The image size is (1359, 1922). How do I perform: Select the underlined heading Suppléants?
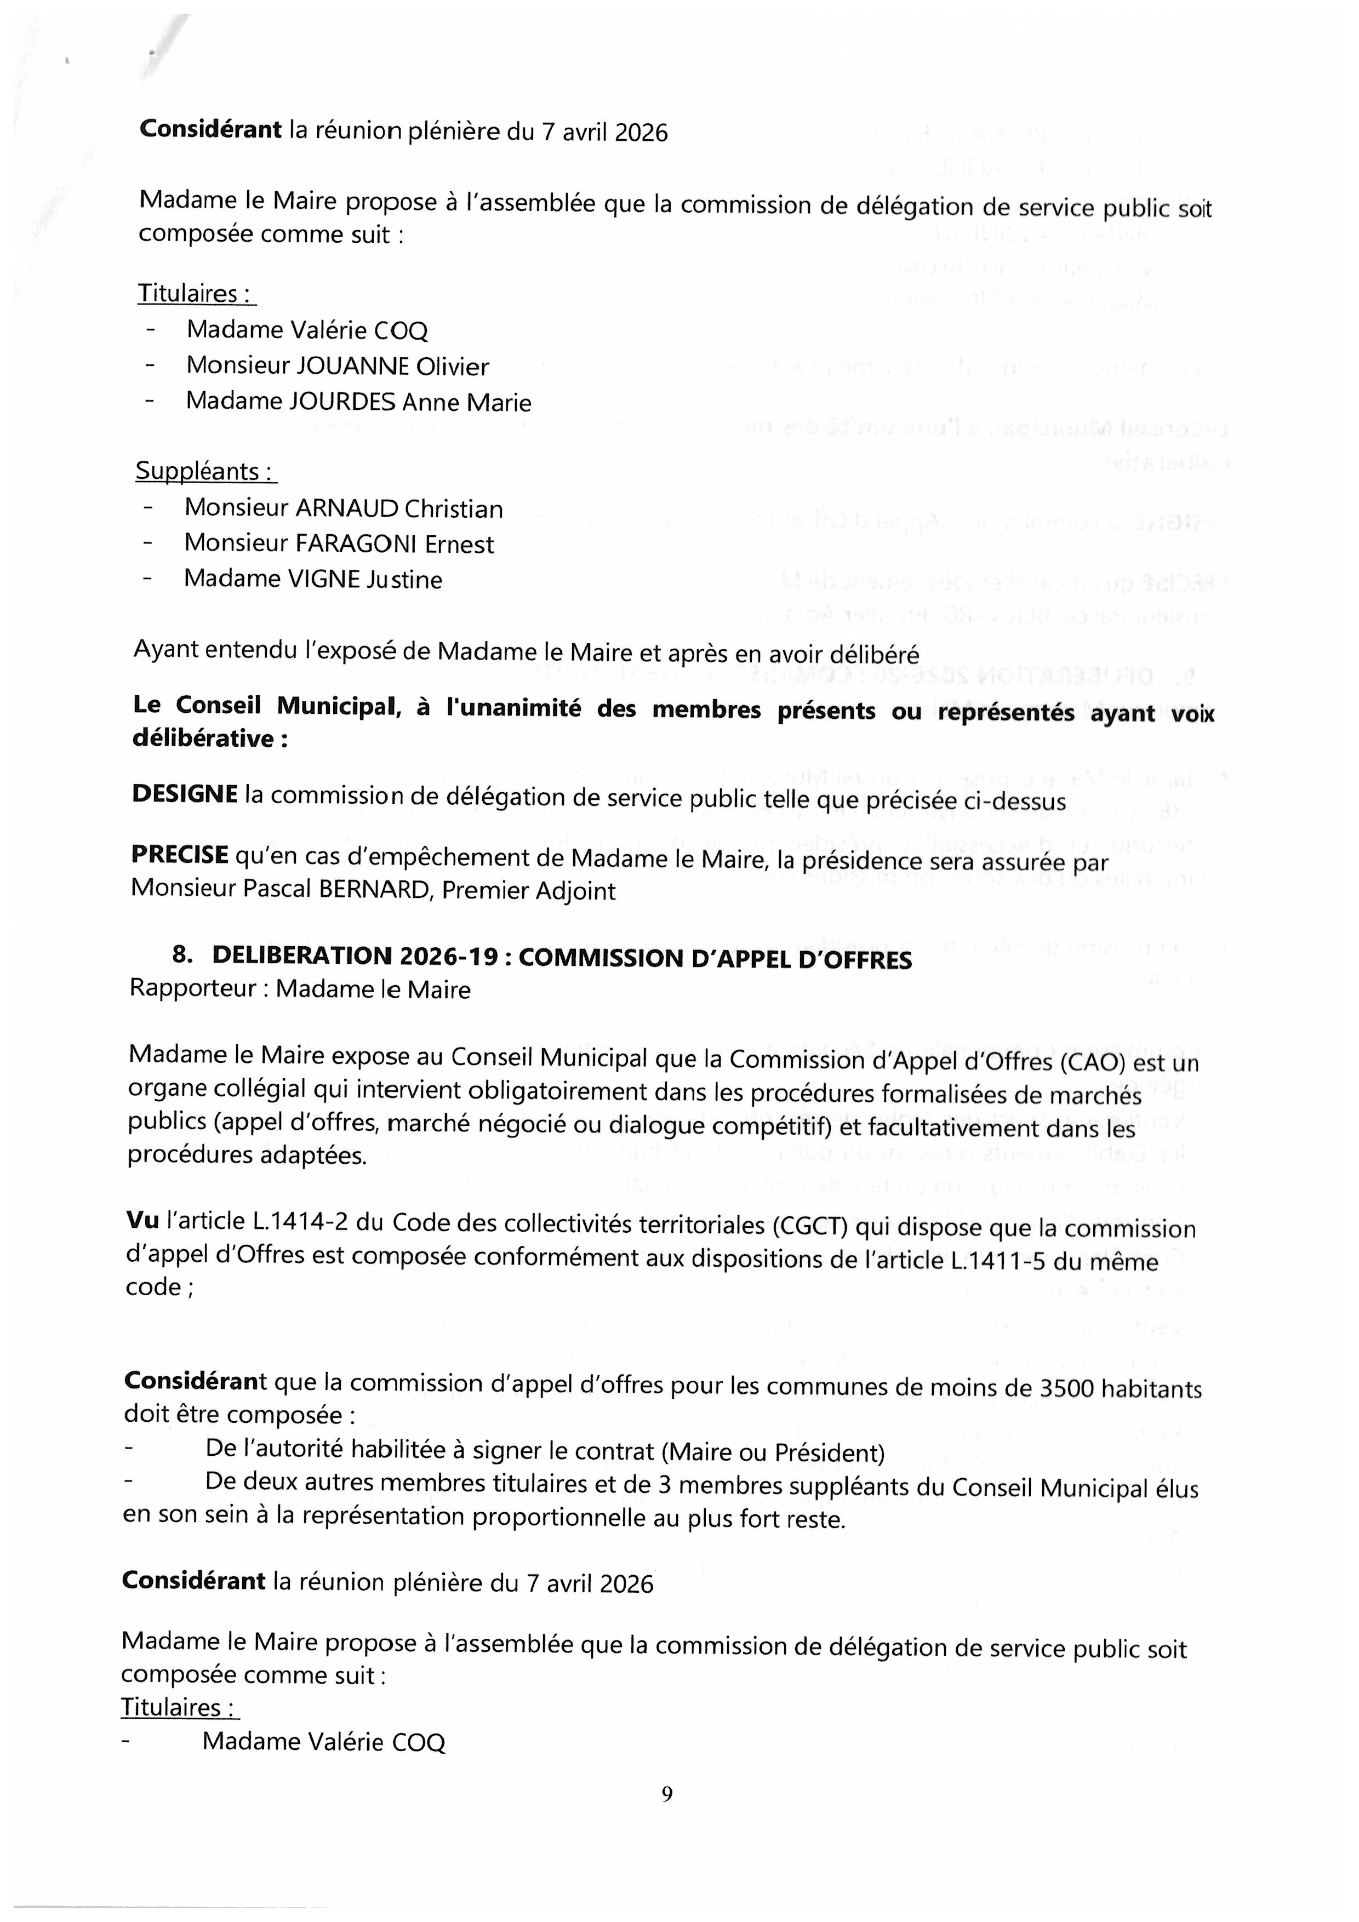pos(205,472)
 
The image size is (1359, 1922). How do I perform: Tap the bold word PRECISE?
pos(179,855)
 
